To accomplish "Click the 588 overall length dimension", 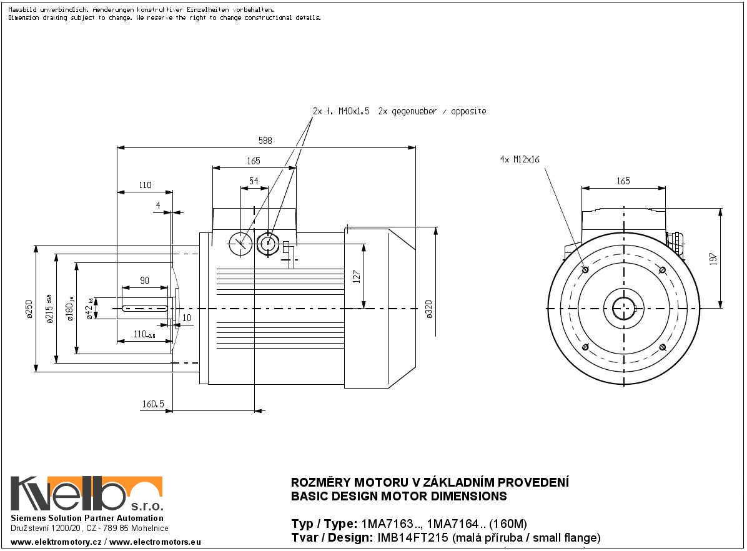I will (265, 141).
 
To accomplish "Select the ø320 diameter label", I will (428, 309).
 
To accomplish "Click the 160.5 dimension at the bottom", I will (152, 405).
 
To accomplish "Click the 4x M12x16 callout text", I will (519, 159).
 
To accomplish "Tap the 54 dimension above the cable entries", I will (254, 181).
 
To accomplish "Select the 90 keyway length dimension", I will (144, 281).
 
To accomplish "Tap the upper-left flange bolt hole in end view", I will (585, 270).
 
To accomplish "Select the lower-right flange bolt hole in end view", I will (663, 347).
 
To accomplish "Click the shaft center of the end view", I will (623, 309).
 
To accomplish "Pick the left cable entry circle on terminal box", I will (240, 244).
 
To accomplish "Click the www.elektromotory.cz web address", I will (56, 542).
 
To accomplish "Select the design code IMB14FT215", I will (412, 538).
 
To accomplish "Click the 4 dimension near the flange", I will (158, 205).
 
